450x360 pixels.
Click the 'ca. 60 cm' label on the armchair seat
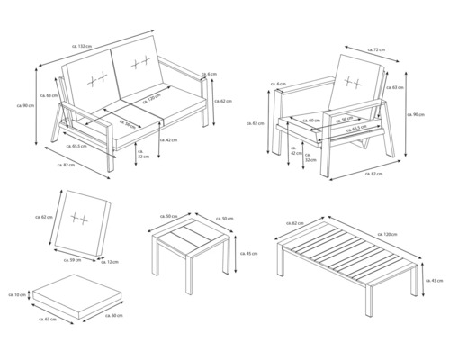(312, 120)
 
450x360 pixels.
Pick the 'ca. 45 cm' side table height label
(240, 252)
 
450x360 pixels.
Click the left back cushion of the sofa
(91, 76)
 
